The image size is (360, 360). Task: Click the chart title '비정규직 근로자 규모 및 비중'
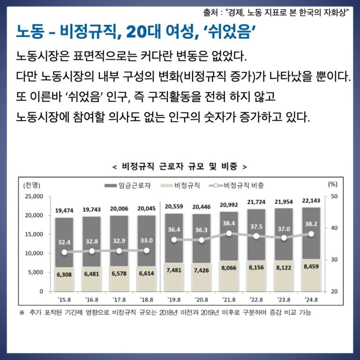point(180,166)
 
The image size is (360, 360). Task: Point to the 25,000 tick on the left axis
point(33,196)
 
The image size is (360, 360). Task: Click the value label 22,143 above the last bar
point(311,201)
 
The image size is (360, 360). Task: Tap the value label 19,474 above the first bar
point(64,210)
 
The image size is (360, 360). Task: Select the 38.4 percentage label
point(229,223)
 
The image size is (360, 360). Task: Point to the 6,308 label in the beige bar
point(64,275)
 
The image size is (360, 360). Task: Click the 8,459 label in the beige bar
point(311,267)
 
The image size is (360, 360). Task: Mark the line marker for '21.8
point(229,233)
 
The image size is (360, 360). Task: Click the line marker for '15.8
point(64,252)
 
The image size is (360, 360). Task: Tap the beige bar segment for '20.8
point(201,281)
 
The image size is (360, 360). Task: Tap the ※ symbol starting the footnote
point(22,312)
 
